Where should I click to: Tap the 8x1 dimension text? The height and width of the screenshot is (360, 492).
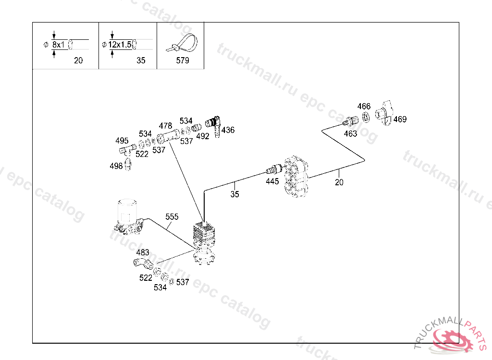58,45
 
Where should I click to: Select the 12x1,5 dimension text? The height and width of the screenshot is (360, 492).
120,45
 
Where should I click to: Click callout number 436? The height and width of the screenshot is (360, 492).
228,130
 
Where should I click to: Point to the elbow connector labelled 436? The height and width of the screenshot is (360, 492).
214,125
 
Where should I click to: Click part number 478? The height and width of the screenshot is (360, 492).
165,126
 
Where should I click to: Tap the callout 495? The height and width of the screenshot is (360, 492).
122,141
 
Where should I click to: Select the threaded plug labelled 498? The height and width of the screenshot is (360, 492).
128,164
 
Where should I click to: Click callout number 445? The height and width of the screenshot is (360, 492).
272,181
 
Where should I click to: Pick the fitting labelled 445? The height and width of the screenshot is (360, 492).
274,169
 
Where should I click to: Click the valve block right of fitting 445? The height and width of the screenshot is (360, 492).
296,176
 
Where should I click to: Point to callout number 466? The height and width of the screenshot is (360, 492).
364,106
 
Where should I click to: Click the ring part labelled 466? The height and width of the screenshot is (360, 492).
366,117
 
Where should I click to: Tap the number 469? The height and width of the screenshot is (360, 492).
400,119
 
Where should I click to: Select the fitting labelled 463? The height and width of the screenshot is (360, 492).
350,121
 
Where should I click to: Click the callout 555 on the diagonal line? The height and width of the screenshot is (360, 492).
172,216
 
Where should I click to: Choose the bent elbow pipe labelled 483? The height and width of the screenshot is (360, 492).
143,264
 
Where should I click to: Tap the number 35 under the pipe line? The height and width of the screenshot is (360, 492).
234,194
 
